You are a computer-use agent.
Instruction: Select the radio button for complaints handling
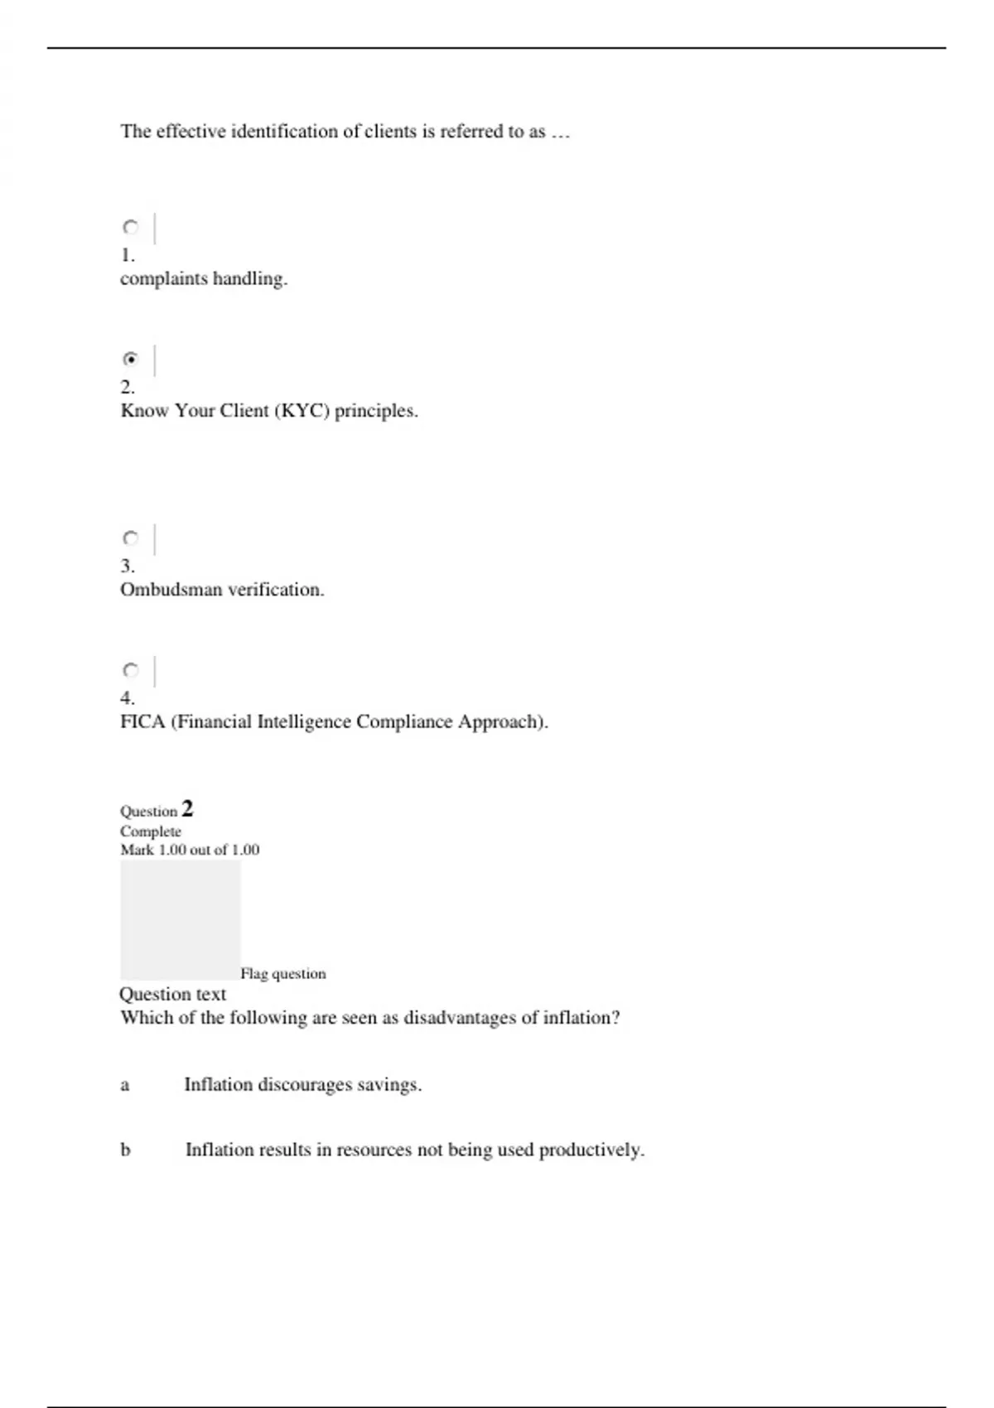pyautogui.click(x=131, y=227)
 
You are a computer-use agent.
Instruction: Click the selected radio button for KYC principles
pyautogui.click(x=131, y=359)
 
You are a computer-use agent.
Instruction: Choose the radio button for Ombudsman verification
pyautogui.click(x=131, y=538)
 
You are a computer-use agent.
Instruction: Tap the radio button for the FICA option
pyautogui.click(x=131, y=670)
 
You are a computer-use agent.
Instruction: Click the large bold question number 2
pyautogui.click(x=187, y=808)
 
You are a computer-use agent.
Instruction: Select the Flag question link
pyautogui.click(x=282, y=974)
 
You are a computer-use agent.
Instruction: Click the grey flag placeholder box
pyautogui.click(x=180, y=919)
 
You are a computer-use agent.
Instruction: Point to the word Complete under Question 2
pyautogui.click(x=150, y=832)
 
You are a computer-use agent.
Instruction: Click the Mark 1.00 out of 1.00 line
pyautogui.click(x=190, y=850)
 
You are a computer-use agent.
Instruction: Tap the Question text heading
pyautogui.click(x=172, y=994)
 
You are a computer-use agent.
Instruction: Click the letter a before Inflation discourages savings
pyautogui.click(x=125, y=1085)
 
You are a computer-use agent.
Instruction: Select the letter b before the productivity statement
pyautogui.click(x=125, y=1150)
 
